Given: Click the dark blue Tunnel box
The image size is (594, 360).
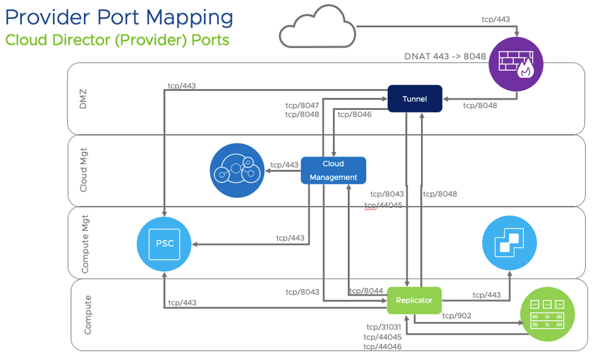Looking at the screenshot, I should [415, 99].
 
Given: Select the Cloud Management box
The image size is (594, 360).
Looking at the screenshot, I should [333, 171].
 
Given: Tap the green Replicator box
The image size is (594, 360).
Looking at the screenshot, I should [414, 300].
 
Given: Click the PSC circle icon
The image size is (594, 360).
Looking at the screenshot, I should [164, 244].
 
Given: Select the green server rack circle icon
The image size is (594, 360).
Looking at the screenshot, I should [548, 315].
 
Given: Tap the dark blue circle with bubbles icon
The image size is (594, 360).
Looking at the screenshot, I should [236, 171].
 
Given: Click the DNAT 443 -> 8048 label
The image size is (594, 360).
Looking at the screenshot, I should [445, 57].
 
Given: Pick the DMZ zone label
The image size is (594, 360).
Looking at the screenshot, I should [83, 99].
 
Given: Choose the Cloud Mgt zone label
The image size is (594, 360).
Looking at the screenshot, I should [83, 171].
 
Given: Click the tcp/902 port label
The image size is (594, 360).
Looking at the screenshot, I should [456, 316].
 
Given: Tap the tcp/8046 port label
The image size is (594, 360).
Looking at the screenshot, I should [354, 114].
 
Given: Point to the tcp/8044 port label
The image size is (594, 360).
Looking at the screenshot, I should [365, 291].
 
